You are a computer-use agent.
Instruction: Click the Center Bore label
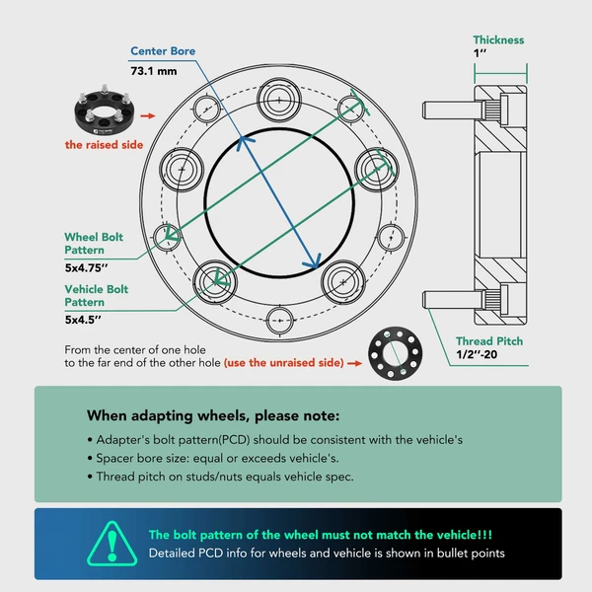[x=163, y=51]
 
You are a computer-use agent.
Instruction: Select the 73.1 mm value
[x=154, y=71]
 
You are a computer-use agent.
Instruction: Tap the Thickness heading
[x=498, y=40]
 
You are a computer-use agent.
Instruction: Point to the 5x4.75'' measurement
[x=86, y=267]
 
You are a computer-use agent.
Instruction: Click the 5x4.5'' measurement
[x=83, y=320]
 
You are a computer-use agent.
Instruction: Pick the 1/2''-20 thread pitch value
[x=477, y=354]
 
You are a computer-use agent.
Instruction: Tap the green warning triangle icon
[x=111, y=544]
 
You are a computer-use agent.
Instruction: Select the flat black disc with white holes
[x=396, y=353]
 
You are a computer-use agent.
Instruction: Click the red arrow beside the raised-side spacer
[x=148, y=115]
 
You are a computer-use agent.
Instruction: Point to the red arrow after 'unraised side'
[x=354, y=363]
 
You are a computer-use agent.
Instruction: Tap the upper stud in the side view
[x=453, y=110]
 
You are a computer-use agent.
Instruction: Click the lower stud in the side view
[x=453, y=300]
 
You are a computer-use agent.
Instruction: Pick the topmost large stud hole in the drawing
[x=279, y=100]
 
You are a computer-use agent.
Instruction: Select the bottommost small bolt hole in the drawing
[x=280, y=321]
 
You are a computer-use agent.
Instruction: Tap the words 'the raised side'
[x=104, y=145]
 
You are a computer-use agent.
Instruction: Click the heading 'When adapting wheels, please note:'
[x=213, y=415]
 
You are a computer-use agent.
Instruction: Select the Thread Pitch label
[x=489, y=341]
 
